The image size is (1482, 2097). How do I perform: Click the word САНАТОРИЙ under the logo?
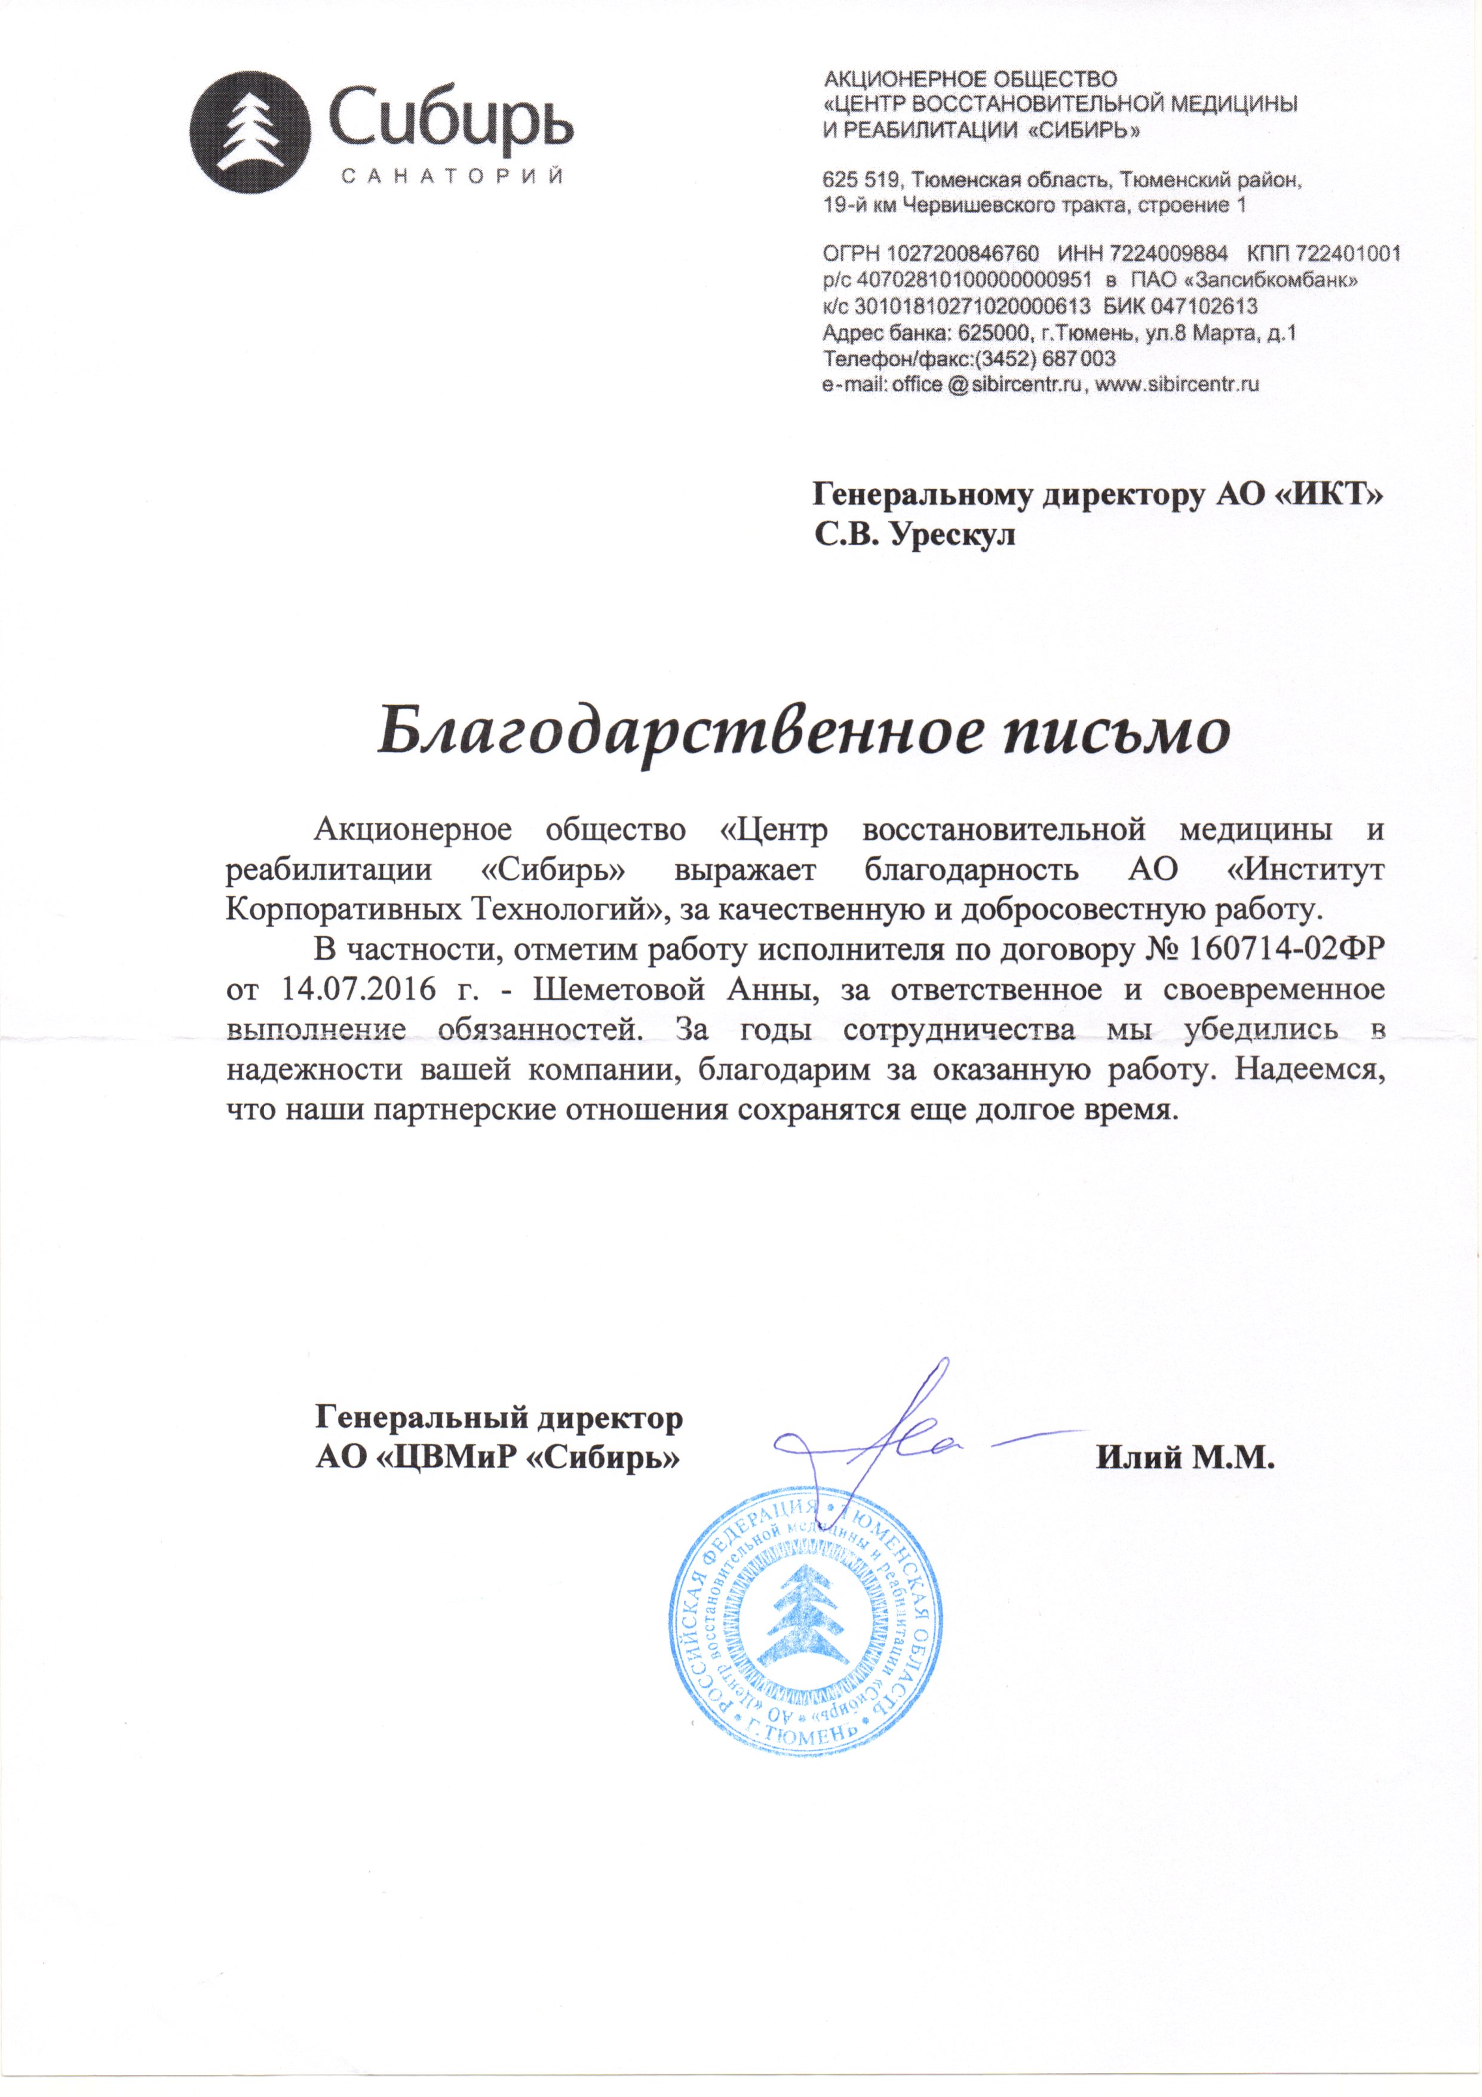(x=453, y=178)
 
